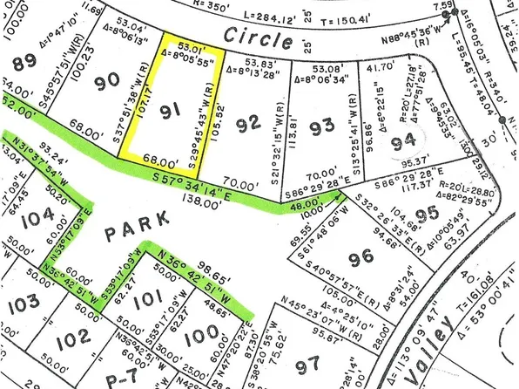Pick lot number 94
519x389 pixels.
[x=402, y=140]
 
